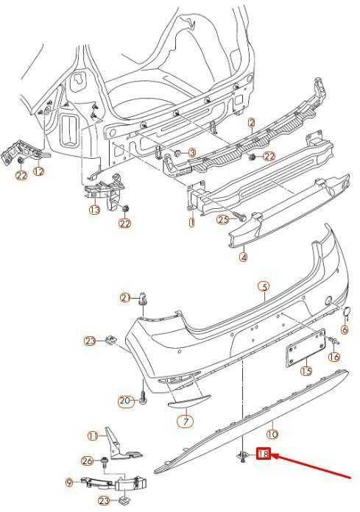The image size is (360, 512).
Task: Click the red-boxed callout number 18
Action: [x=264, y=454]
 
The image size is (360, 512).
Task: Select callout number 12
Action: [x=39, y=171]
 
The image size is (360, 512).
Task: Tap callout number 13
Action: [x=94, y=210]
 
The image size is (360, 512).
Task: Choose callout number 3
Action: [x=191, y=152]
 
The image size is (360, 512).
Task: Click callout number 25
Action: [x=223, y=220]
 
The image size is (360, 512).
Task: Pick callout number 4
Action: [x=244, y=257]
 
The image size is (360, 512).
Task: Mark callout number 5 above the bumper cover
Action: [x=264, y=287]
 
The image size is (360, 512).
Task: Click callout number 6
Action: [x=345, y=330]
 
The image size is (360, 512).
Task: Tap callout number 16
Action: [x=334, y=357]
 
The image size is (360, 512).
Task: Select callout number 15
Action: [x=306, y=371]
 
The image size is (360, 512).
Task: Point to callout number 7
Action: [x=186, y=422]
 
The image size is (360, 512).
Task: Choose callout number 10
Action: [x=272, y=434]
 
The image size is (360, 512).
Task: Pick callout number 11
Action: [x=93, y=435]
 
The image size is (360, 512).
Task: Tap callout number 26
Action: [x=87, y=461]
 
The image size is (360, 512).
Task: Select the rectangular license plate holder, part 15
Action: [x=306, y=347]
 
